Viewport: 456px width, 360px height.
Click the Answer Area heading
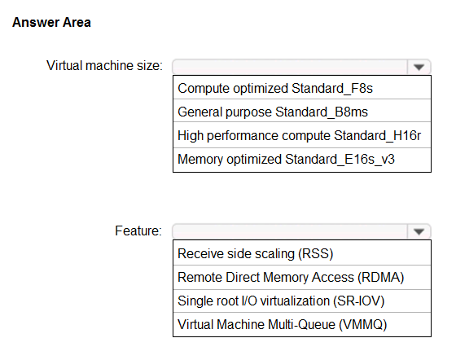point(51,22)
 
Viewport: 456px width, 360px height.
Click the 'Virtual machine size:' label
point(104,65)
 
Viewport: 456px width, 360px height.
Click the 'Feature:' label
point(138,230)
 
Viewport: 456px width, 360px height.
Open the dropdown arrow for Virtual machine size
point(419,68)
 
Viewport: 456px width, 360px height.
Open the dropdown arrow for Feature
point(419,232)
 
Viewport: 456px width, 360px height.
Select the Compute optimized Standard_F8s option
point(275,89)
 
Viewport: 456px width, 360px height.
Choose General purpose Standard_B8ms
point(273,112)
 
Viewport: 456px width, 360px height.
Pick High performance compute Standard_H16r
point(300,135)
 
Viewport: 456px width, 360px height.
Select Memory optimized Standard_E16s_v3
point(286,160)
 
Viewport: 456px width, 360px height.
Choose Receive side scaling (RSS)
point(256,253)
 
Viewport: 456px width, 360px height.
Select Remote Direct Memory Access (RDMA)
point(291,278)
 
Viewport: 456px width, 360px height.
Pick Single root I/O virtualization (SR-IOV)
point(281,301)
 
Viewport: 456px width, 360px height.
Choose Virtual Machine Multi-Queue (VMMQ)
point(283,324)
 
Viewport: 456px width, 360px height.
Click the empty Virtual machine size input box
point(290,68)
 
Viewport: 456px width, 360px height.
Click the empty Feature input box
point(290,232)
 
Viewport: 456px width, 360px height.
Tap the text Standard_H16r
point(378,135)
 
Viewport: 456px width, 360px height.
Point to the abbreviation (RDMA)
point(381,278)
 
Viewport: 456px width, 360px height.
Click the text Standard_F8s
point(332,89)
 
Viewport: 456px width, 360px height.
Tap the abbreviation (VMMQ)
point(363,324)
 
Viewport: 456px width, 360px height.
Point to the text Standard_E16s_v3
point(340,160)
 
